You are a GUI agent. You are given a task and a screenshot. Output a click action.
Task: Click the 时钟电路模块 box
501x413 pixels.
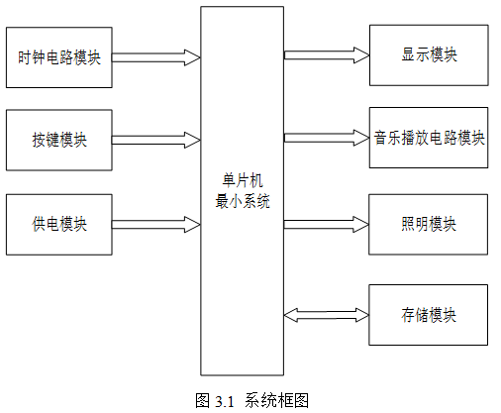(x=59, y=57)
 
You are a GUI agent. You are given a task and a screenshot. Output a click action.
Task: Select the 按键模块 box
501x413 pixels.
(x=59, y=140)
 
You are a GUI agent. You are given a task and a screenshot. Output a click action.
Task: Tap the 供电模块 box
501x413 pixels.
(x=59, y=225)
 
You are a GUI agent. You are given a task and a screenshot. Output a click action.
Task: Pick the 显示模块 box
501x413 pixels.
(x=429, y=55)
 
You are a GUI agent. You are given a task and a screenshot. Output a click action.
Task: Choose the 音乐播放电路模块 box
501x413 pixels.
(x=429, y=138)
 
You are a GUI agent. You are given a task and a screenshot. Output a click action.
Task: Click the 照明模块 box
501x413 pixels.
(x=428, y=225)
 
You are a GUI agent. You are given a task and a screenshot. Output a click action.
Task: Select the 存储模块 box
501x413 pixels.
(x=428, y=315)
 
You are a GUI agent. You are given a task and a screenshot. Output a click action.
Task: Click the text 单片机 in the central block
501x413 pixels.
(x=243, y=180)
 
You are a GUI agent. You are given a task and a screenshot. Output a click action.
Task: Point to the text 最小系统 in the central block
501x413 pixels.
(x=243, y=201)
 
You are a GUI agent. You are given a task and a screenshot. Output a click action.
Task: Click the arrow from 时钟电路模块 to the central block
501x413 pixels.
(x=156, y=57)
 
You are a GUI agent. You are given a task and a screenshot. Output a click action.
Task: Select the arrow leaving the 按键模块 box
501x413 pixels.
(x=156, y=140)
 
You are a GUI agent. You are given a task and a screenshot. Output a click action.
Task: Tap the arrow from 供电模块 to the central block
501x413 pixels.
(x=156, y=225)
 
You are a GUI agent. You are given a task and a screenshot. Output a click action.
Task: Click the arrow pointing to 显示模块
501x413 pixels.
(x=327, y=55)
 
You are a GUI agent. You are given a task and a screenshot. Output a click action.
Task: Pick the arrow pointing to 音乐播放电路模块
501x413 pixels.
(x=327, y=138)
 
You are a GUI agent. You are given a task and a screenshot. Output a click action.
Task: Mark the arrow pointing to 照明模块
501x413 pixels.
(x=327, y=225)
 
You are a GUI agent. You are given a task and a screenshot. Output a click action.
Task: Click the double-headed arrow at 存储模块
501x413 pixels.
(x=327, y=315)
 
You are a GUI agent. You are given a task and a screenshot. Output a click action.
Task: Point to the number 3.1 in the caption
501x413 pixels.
(x=225, y=401)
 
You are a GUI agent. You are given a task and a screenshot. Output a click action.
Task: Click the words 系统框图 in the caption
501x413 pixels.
(x=276, y=400)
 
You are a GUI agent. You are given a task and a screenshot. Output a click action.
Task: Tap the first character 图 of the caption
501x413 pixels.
(x=203, y=400)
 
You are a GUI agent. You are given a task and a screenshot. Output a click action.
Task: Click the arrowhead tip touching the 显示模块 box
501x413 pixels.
(x=369, y=55)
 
